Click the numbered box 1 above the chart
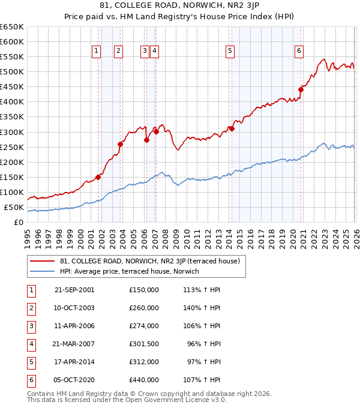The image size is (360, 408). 97,52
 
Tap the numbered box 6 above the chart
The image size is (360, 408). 298,52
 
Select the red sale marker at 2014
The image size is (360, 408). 232,128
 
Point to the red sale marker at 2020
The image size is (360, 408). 301,90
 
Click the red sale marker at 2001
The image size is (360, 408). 98,177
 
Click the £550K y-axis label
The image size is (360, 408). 12,57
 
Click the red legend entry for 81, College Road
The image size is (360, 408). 149,261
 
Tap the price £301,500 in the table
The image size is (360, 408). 143,344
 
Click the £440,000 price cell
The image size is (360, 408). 143,380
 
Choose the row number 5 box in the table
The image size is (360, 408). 31,362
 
